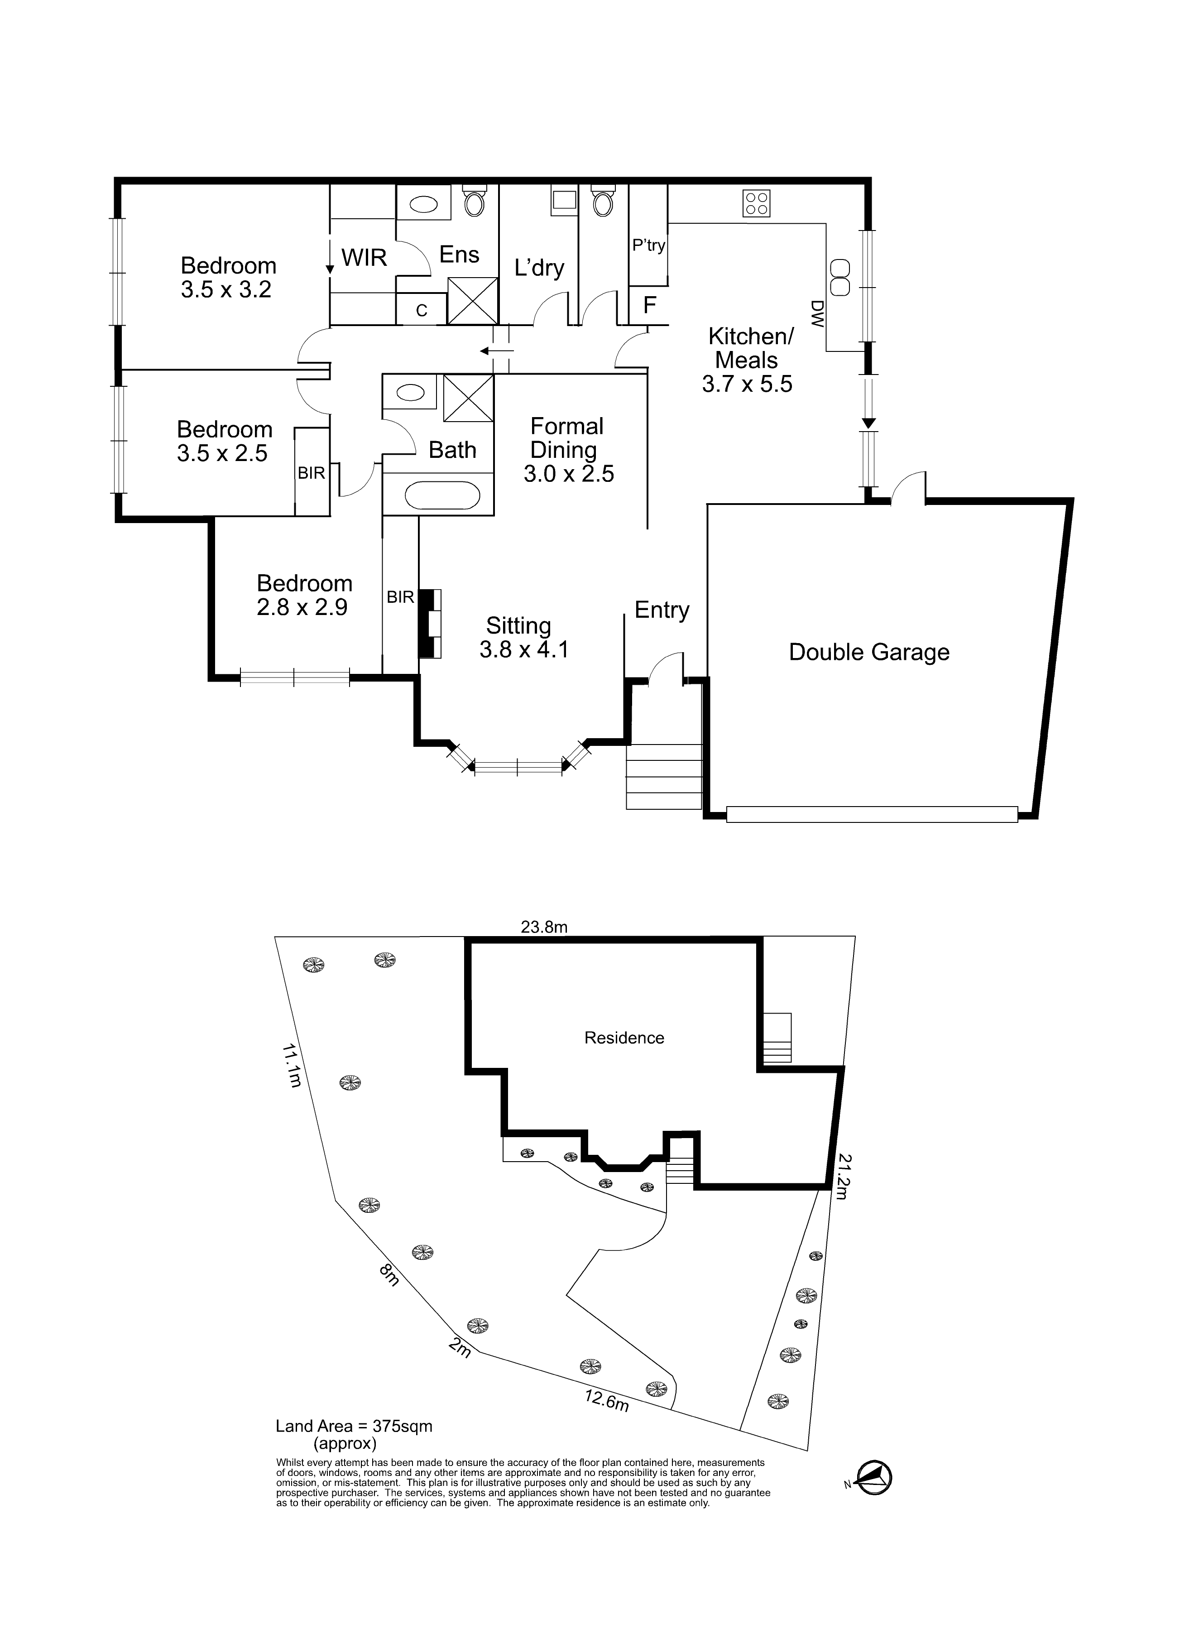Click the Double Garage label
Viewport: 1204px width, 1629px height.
pos(869,652)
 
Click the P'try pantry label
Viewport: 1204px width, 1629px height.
pos(649,245)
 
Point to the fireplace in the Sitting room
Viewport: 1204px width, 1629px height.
pos(431,623)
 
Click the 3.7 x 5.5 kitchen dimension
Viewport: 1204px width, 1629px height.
pos(747,384)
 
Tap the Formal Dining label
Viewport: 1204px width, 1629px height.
pos(566,438)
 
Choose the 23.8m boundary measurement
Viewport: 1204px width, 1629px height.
pos(544,927)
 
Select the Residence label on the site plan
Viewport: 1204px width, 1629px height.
pos(624,1038)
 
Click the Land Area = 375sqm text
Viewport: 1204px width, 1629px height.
pos(354,1427)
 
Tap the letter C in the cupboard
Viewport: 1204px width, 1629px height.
pos(421,311)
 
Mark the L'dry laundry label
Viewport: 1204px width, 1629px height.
pos(539,268)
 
